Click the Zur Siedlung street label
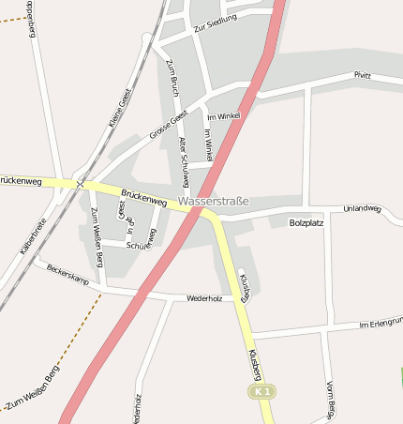[216, 23]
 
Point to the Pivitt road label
[362, 76]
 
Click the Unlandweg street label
[362, 208]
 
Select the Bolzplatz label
[306, 223]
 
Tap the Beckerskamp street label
[67, 274]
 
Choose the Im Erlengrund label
[380, 324]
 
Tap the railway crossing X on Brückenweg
[80, 185]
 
